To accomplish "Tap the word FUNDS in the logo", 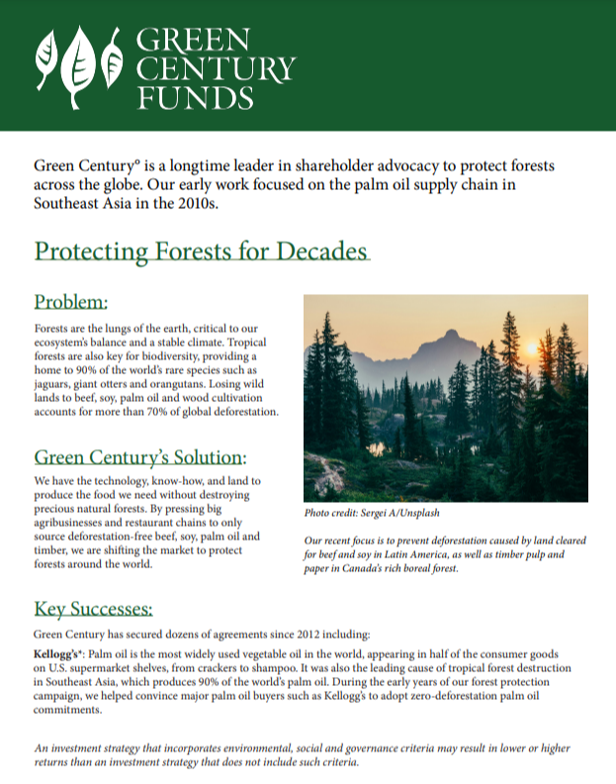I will (x=196, y=98).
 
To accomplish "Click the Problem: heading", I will (x=70, y=302).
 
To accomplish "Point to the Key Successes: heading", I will (x=93, y=608).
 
